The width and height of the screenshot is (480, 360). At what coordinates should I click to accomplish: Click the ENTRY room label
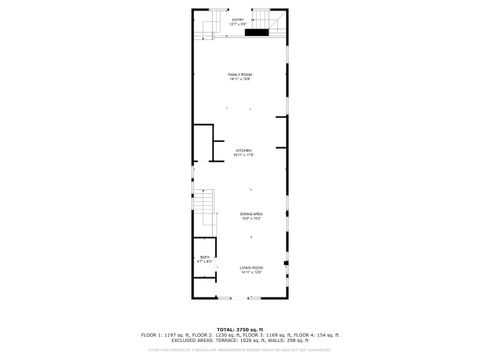(x=238, y=19)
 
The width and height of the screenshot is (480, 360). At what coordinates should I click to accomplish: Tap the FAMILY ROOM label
(x=239, y=75)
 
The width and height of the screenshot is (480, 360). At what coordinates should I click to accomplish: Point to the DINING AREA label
(x=251, y=214)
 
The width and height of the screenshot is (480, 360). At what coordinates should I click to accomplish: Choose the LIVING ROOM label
(x=251, y=267)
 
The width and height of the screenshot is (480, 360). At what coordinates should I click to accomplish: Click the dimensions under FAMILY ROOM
(x=239, y=80)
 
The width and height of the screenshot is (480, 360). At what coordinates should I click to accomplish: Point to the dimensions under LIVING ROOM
(x=251, y=272)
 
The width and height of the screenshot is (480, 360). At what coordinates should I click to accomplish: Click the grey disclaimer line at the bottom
(x=239, y=350)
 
